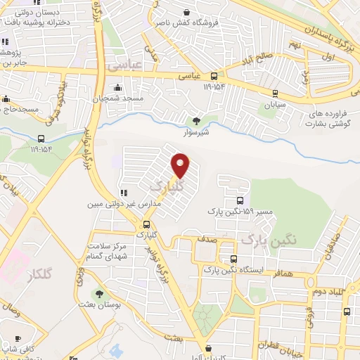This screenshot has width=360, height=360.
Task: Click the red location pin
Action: pos(181,165)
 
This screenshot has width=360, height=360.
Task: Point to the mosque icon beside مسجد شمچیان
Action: pos(117,88)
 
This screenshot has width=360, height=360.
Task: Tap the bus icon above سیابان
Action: pos(274,92)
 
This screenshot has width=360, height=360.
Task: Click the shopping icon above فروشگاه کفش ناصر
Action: pos(186,12)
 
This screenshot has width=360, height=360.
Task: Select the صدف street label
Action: pos(205,239)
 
